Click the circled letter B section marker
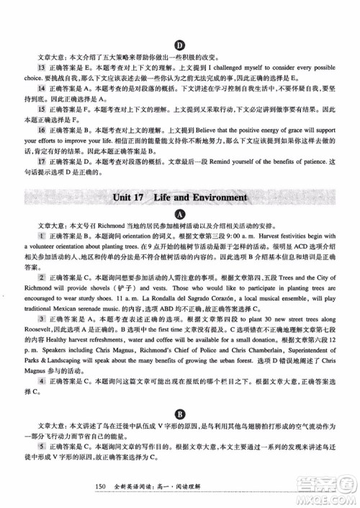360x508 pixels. click(x=179, y=414)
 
